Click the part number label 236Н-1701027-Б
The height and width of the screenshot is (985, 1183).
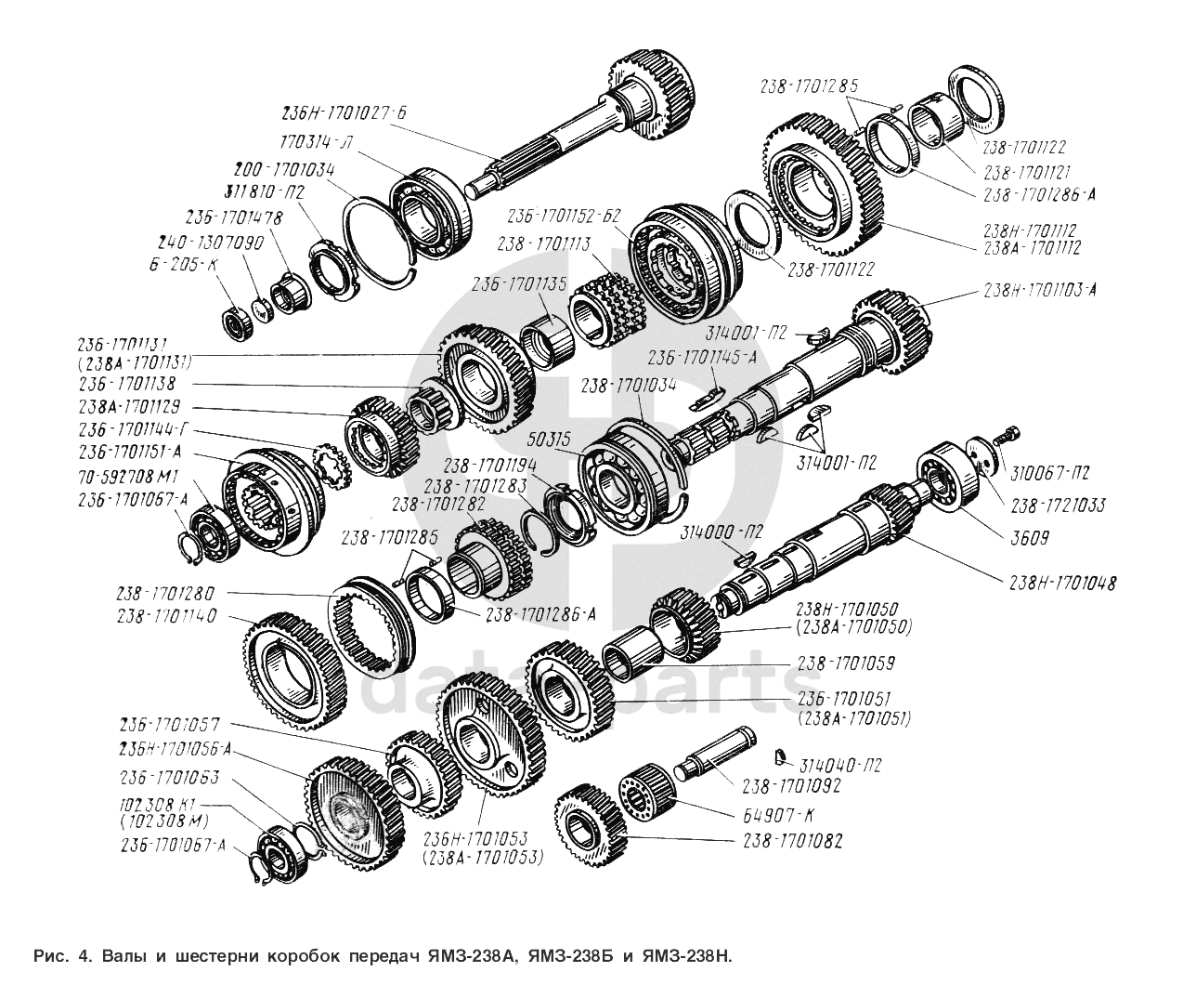click(344, 113)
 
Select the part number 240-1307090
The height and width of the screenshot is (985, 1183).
click(211, 243)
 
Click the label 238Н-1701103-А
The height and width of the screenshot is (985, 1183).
click(1040, 290)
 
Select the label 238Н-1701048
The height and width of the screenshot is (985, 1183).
click(1062, 584)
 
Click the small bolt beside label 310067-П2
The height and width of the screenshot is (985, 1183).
click(1008, 434)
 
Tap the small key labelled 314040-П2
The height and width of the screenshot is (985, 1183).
click(782, 752)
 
